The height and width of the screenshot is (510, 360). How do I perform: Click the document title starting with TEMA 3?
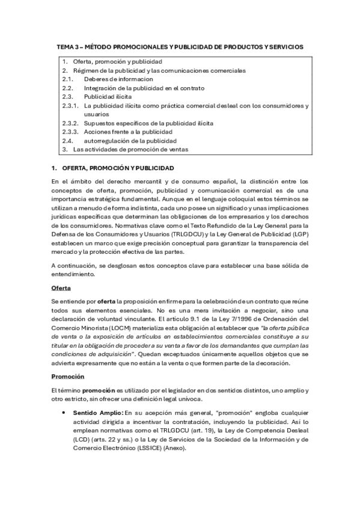click(x=180, y=46)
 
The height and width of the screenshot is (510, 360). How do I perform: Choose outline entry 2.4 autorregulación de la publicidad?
click(x=129, y=140)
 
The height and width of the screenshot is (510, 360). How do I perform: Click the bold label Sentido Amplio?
click(x=99, y=413)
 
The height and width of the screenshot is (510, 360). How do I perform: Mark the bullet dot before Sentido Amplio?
click(x=64, y=413)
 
